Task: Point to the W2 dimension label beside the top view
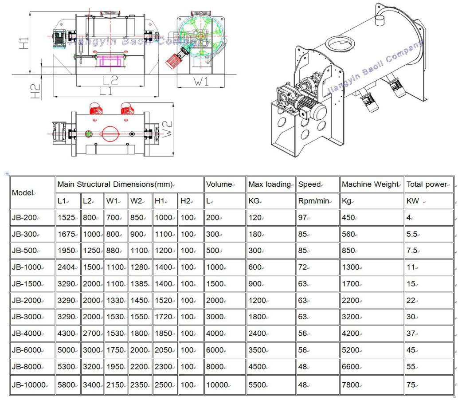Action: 167,129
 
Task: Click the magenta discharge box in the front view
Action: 110,61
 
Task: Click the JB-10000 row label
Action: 29,385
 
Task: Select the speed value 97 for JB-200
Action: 302,218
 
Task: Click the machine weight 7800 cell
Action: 350,385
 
